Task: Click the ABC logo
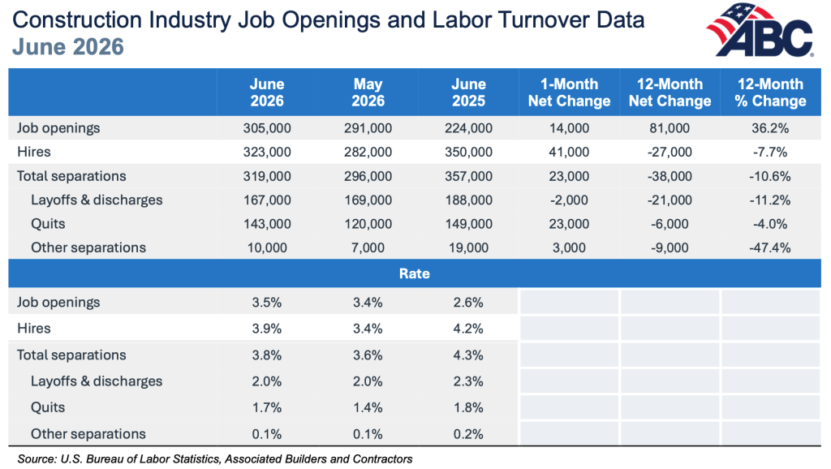coord(760,30)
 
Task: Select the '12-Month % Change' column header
coord(770,93)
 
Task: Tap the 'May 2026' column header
coord(368,93)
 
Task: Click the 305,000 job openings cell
coord(267,128)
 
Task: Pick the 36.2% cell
coord(770,128)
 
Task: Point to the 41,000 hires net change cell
coord(569,152)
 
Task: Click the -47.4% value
coord(770,247)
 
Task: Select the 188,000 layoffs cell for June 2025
coord(468,200)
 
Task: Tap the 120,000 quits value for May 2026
coord(368,224)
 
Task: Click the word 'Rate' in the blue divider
coord(415,273)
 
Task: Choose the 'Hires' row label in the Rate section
coord(34,329)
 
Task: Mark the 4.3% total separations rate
coord(468,355)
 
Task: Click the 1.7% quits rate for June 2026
coord(267,407)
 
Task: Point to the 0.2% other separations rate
coord(468,434)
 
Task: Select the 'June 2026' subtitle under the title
coord(68,46)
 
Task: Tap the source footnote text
coord(215,459)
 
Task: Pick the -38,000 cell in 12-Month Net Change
coord(670,176)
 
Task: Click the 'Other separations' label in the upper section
coord(88,247)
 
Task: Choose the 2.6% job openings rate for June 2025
coord(468,303)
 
